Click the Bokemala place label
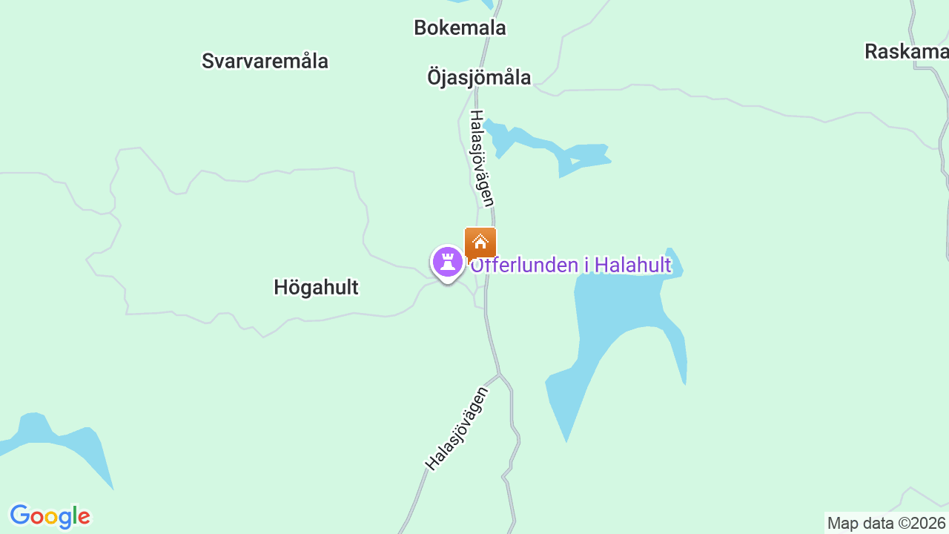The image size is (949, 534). [x=460, y=28]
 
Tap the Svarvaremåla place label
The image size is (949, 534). [x=265, y=61]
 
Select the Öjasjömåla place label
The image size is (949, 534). [x=479, y=77]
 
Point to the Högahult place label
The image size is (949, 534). [x=316, y=288]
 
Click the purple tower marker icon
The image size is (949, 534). [x=448, y=262]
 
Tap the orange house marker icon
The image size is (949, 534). [x=480, y=242]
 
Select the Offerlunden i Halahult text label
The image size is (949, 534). [x=571, y=265]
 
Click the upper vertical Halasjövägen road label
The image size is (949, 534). [x=481, y=158]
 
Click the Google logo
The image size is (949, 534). [x=50, y=516]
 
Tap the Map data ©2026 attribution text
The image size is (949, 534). [x=886, y=523]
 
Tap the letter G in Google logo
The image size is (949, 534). [x=20, y=515]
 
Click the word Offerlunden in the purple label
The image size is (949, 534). [x=522, y=265]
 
